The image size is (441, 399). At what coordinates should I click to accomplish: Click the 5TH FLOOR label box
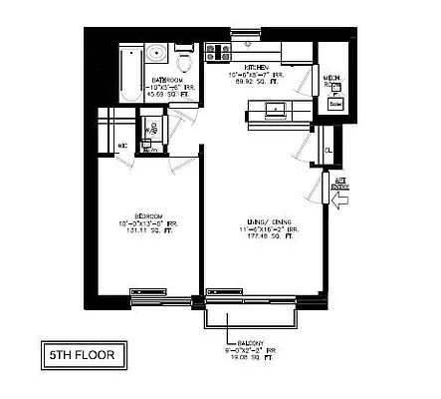[x=83, y=353]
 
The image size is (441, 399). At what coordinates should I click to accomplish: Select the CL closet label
[x=328, y=151]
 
